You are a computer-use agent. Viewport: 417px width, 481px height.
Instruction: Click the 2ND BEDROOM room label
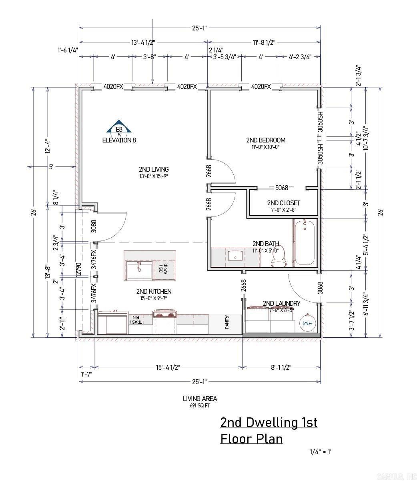point(266,140)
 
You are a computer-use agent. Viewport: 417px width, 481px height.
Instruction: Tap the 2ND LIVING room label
point(154,169)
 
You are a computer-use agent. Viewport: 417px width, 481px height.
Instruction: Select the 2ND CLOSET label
point(283,203)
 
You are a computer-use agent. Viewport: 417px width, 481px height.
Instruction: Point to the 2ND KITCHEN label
point(154,291)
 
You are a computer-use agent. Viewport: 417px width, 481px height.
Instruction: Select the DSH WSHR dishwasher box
point(163,269)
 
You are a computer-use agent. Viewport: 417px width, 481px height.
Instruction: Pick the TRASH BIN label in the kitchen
point(135,319)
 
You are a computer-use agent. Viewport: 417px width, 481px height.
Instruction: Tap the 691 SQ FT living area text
point(200,405)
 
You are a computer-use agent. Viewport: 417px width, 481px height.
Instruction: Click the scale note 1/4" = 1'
point(321,452)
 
